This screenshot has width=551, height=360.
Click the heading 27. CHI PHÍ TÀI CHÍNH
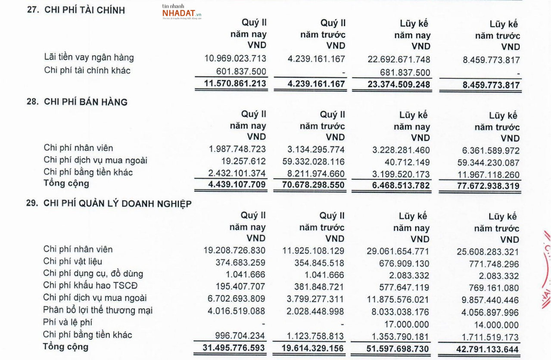(x=76, y=10)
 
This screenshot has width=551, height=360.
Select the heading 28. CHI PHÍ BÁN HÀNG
(x=77, y=102)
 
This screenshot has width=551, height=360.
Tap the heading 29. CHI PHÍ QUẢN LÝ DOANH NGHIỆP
(x=109, y=204)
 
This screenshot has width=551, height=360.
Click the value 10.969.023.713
(x=235, y=59)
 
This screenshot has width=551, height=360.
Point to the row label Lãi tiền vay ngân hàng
(x=89, y=57)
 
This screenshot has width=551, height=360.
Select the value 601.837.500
(x=242, y=71)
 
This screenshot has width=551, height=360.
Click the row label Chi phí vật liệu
(x=73, y=261)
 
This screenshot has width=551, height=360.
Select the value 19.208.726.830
(x=234, y=250)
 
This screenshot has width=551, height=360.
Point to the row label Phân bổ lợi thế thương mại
(x=98, y=310)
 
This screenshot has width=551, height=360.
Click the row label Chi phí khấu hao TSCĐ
(x=90, y=286)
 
